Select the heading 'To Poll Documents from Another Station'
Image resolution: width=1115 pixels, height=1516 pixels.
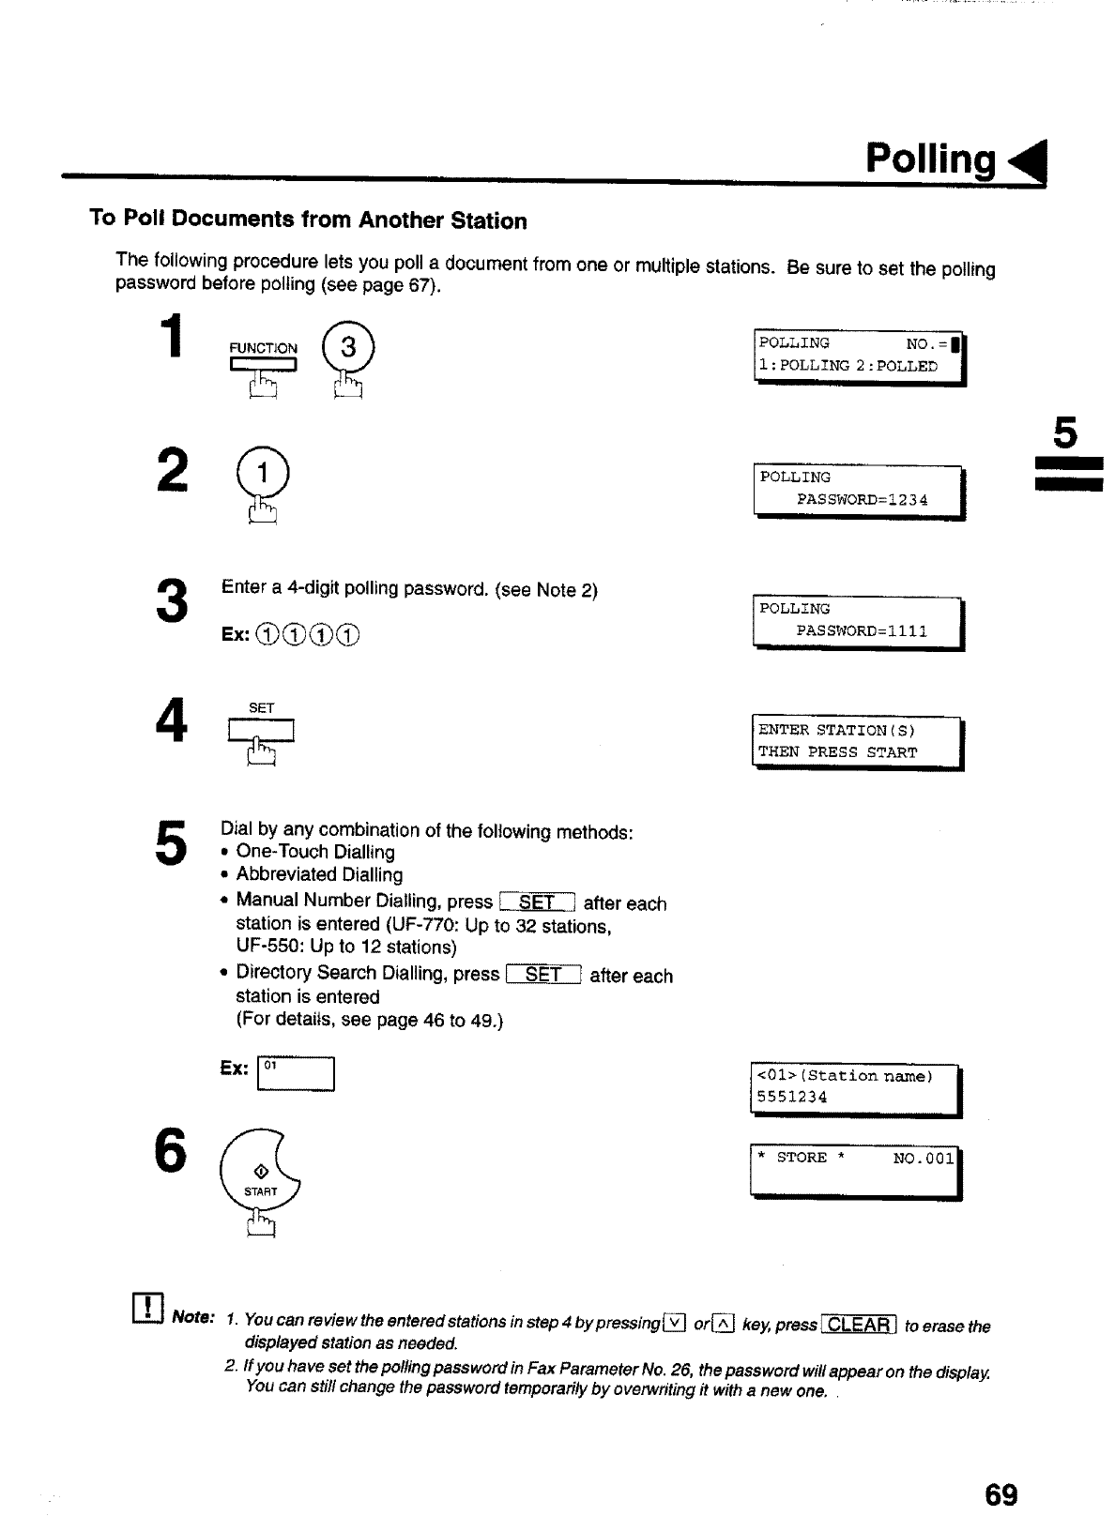308,220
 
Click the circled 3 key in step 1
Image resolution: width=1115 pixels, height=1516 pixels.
348,348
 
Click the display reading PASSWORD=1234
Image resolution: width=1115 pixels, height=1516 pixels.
859,490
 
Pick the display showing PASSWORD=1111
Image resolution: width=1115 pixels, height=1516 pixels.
859,621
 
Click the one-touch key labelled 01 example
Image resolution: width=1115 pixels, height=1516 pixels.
296,1074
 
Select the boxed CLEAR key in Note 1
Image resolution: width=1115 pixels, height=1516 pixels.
859,1325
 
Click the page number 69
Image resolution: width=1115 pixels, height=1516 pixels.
1001,1493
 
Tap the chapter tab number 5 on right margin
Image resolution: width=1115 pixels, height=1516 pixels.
1065,434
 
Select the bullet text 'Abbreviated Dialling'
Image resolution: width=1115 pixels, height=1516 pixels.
319,874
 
